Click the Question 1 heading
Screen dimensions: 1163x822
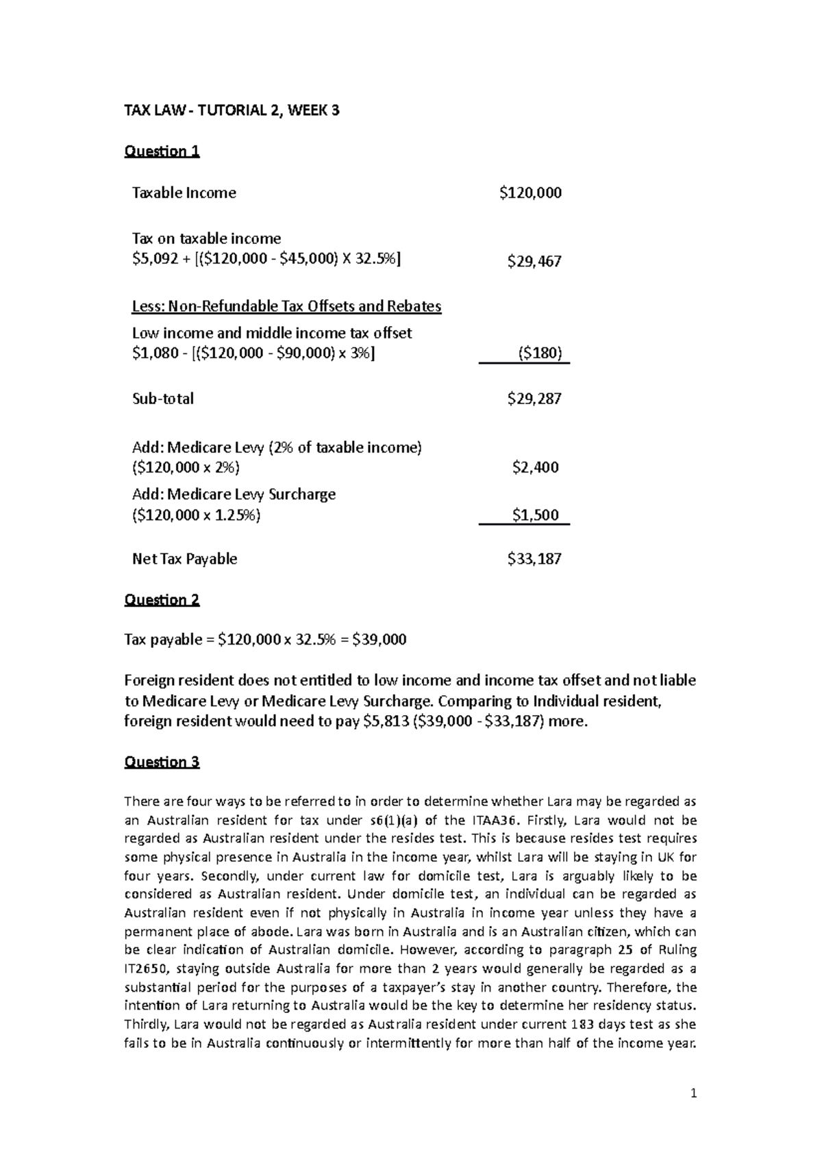(x=162, y=151)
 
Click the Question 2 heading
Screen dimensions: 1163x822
(x=162, y=600)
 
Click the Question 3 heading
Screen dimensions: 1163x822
(x=162, y=762)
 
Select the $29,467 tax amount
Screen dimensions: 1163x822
(x=534, y=261)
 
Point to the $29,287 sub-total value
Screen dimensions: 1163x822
(x=534, y=399)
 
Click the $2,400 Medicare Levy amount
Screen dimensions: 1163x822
(x=536, y=468)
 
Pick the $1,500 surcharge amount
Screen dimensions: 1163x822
(x=536, y=515)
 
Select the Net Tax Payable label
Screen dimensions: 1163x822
(x=184, y=559)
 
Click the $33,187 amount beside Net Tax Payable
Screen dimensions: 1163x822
(x=534, y=559)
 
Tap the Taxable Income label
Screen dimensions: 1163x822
(x=184, y=193)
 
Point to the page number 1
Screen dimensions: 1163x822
(x=693, y=1094)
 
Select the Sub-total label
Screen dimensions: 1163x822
(x=162, y=399)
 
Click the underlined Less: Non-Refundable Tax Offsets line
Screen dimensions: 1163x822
(x=286, y=306)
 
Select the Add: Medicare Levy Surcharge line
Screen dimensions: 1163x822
(x=234, y=495)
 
